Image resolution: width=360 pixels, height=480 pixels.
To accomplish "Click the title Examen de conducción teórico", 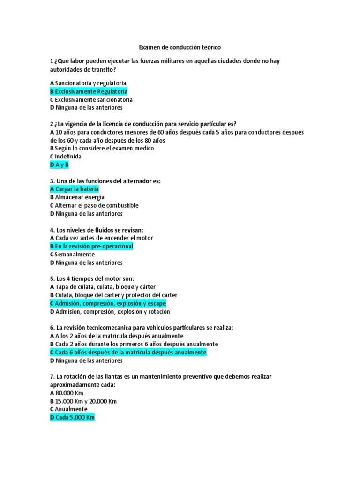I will pos(180,48).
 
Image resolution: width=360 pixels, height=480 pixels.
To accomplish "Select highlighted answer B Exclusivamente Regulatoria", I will pos(89,91).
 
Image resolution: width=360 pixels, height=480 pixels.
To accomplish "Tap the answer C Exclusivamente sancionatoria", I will pos(91,100).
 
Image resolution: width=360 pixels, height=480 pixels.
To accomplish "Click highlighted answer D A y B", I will pos(59,165).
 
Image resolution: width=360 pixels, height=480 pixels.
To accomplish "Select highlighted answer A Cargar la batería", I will pos(74,189).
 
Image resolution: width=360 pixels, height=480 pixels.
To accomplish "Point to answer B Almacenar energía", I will pos(77,197).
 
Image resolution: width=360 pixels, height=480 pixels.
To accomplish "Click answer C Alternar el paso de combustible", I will pos(94,205).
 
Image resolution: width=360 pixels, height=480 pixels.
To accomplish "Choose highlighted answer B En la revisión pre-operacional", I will pos(91,246).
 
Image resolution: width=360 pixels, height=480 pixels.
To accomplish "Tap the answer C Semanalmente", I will pos(72,255).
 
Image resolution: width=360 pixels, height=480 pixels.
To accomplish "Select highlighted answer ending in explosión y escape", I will pos(108,303).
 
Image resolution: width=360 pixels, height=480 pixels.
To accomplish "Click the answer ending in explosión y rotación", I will pos(110,312).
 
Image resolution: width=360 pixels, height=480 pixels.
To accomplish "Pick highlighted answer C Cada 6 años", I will pos(128,352).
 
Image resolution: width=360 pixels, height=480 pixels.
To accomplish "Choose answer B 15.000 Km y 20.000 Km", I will pos(83,401).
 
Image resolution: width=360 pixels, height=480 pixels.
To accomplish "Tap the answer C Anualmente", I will pos(68,409).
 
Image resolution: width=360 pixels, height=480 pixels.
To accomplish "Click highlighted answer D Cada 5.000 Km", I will pos(72,418).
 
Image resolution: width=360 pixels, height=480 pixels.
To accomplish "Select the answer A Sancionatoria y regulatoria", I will pos(88,83).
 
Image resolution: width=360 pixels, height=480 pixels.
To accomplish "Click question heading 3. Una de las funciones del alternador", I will pos(105,181).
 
